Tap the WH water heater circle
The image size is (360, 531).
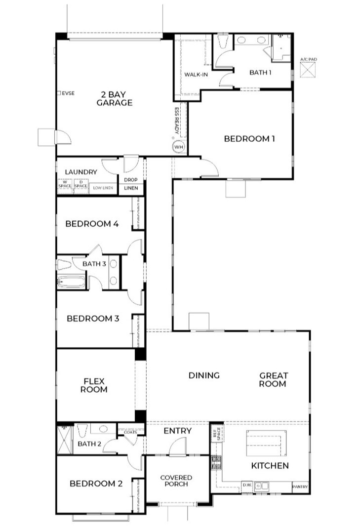(178, 147)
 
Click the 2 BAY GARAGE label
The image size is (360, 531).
(114, 98)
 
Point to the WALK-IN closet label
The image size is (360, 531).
(196, 75)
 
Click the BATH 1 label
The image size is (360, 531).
(260, 73)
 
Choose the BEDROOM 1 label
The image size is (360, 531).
(249, 139)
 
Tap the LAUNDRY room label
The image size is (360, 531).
(80, 172)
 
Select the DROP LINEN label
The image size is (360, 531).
(131, 184)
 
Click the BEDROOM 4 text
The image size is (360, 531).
(92, 224)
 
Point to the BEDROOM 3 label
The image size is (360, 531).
(93, 319)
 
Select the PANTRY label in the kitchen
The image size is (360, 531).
(300, 487)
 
